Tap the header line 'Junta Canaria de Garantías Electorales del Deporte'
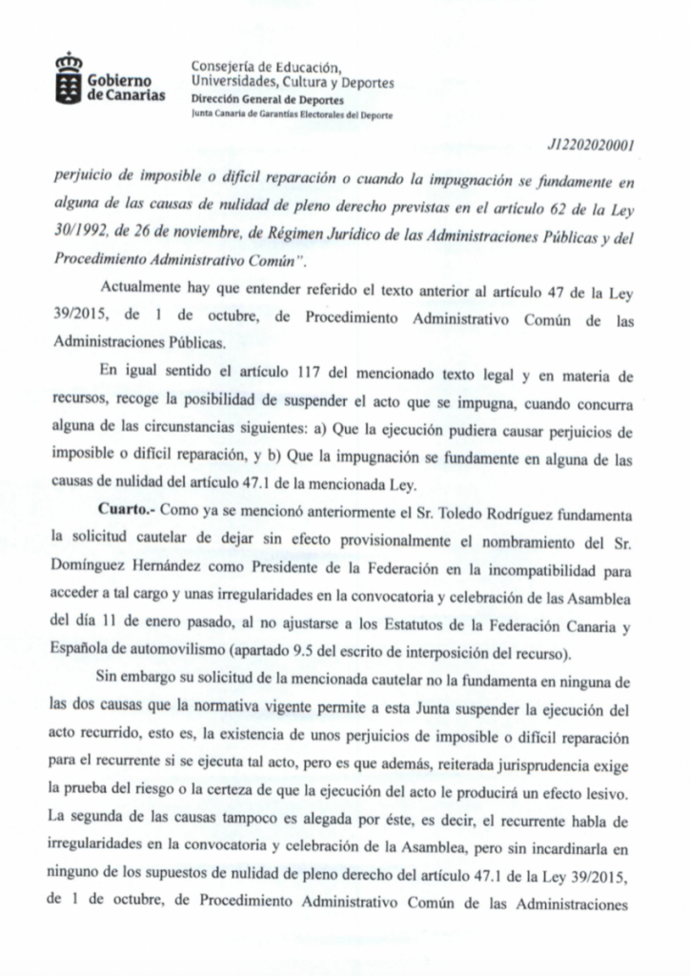coord(290,115)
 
